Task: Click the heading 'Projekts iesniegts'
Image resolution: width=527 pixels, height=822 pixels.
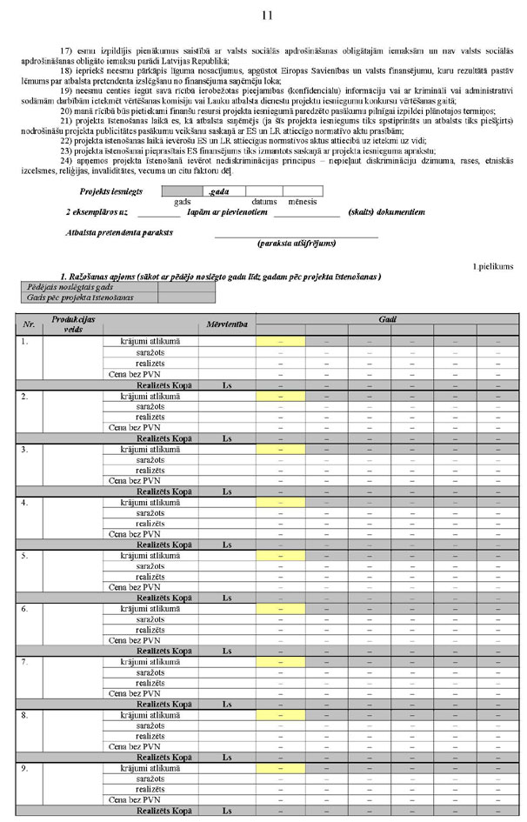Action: point(110,190)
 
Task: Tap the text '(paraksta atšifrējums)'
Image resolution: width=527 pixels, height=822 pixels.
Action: point(297,244)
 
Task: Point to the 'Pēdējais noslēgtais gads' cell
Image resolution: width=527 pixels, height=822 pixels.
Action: point(70,286)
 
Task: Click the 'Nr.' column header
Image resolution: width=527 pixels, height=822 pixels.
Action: point(29,324)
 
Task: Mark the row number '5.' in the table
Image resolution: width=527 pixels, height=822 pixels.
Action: point(25,555)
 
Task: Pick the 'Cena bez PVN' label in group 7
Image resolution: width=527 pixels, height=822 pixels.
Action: point(135,693)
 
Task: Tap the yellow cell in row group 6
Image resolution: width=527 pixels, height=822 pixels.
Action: point(280,609)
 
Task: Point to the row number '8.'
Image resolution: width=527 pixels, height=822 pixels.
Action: point(25,715)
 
